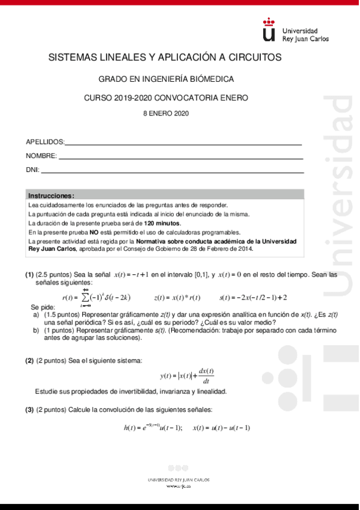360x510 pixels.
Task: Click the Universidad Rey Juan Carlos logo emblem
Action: tap(269, 29)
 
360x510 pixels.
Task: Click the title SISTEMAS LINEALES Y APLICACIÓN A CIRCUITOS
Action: tap(165, 57)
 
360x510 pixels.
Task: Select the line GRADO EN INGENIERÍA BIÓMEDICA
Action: tap(166, 79)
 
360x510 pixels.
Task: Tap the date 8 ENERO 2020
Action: tap(165, 113)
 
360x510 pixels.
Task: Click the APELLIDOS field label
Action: tap(44, 142)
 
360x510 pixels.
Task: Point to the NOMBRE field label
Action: tap(41, 156)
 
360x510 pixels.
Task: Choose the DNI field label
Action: tap(32, 170)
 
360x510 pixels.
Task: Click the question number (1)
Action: tap(29, 274)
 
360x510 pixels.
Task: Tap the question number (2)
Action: tap(29, 360)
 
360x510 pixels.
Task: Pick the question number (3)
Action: tap(29, 410)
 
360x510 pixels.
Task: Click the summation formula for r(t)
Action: tap(96, 296)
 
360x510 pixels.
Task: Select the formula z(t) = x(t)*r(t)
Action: tap(177, 297)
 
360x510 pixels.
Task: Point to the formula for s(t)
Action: tap(253, 297)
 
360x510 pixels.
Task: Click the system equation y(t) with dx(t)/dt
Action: tap(188, 376)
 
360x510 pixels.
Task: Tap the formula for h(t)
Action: tap(153, 428)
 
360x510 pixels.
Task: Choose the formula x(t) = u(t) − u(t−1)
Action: tap(221, 428)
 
